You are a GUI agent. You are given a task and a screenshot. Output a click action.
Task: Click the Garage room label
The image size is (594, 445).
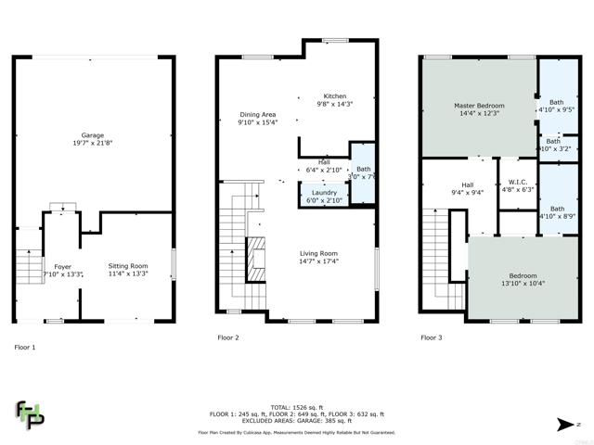coord(92,139)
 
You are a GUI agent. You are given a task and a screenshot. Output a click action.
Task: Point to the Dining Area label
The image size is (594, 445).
coord(258,119)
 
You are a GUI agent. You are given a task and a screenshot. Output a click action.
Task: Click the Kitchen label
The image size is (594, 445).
coord(334,100)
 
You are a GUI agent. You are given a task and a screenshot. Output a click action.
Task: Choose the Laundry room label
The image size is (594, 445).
coord(324,196)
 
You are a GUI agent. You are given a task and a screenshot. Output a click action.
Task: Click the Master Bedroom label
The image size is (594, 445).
coord(477,108)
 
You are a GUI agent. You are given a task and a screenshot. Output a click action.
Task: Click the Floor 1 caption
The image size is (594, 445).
coord(25,346)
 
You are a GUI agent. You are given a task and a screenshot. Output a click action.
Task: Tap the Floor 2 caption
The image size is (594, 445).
coord(228,337)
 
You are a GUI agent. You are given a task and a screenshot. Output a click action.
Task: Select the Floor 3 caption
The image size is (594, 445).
coord(430,337)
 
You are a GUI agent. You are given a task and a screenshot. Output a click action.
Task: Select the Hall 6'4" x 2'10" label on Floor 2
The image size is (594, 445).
coord(324,166)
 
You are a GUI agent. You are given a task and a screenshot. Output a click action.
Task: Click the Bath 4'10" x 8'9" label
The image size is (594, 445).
coord(557,213)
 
